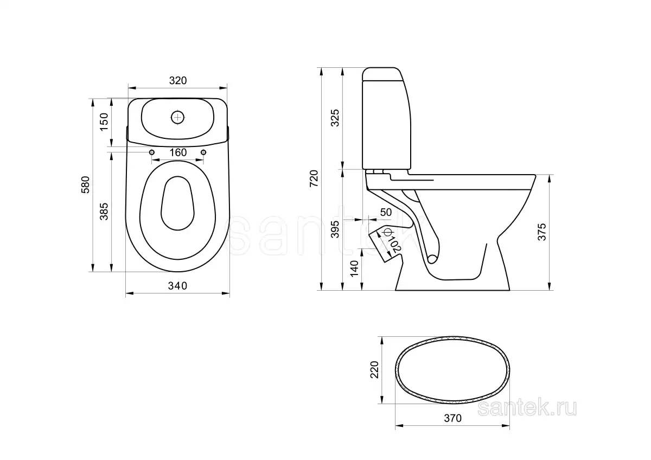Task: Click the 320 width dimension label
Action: pos(178,80)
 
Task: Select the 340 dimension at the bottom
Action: pos(177,286)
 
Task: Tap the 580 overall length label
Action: pos(86,185)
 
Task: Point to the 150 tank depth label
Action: pos(104,122)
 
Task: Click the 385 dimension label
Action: pos(104,212)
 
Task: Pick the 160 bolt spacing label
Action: pos(178,152)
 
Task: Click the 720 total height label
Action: pos(314,178)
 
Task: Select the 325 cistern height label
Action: pos(335,118)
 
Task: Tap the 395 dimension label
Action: pos(335,229)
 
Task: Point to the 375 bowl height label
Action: pos(542,232)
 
